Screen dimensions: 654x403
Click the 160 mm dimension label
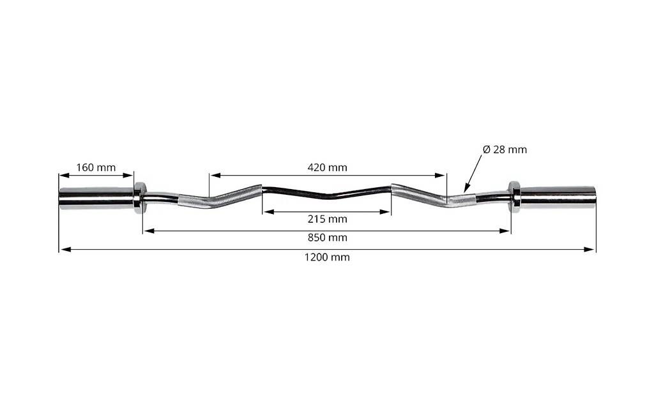coord(96,167)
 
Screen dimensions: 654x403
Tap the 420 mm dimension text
coord(328,167)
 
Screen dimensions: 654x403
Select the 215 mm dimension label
coord(328,219)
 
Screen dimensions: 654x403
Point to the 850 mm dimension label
coord(328,238)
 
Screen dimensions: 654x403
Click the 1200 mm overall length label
coord(327,257)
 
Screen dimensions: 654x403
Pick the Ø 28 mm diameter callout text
coord(505,149)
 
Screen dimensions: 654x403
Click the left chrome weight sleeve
coord(96,198)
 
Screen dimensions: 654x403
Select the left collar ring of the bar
coord(139,198)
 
